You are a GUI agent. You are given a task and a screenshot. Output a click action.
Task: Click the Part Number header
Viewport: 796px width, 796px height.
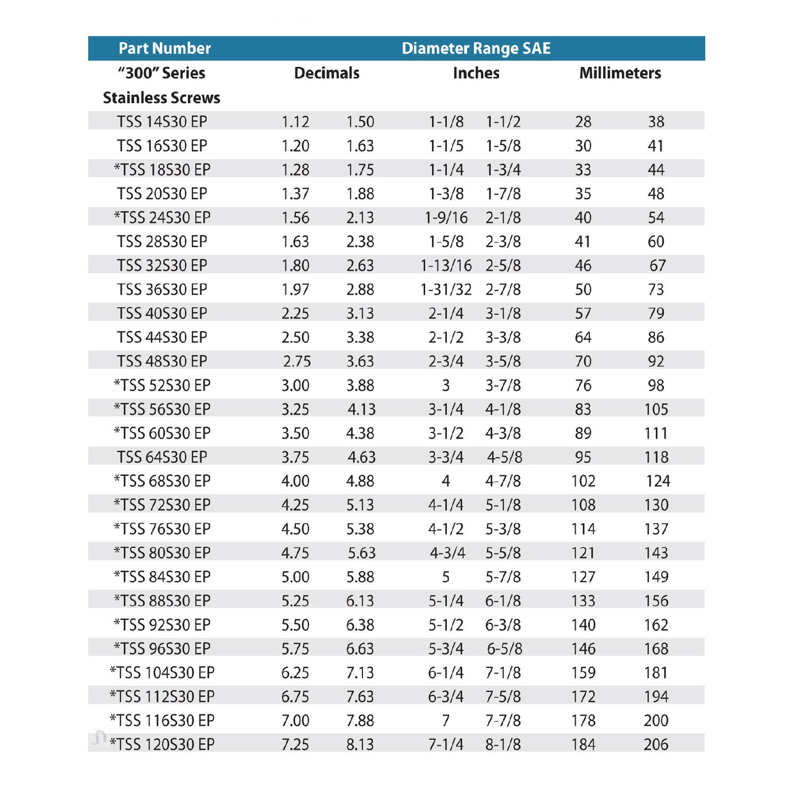[165, 48]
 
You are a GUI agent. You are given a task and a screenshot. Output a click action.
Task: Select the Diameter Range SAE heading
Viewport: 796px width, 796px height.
[476, 48]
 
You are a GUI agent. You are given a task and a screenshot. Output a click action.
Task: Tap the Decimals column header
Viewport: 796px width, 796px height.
[327, 73]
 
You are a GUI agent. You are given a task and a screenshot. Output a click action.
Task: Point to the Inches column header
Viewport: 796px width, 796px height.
[476, 73]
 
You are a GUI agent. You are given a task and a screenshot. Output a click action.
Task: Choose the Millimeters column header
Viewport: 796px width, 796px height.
[620, 73]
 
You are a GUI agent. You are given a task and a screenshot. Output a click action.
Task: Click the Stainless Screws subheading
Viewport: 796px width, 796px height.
[161, 98]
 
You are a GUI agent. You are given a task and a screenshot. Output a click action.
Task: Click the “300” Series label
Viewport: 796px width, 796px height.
[161, 73]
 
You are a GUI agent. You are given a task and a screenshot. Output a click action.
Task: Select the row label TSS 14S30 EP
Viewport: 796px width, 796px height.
[161, 122]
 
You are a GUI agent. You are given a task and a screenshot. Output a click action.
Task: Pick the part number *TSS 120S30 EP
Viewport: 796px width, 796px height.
[162, 745]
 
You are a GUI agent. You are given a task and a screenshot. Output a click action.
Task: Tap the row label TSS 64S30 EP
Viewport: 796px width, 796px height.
[161, 457]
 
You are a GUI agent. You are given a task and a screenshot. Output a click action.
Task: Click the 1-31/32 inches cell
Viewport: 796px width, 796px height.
[446, 290]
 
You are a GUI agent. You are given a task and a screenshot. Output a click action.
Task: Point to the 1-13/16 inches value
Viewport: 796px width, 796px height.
[446, 266]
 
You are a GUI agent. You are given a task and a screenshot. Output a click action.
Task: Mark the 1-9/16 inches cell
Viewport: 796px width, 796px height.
[446, 218]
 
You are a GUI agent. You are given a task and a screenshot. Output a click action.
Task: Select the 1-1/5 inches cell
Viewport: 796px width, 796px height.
[446, 146]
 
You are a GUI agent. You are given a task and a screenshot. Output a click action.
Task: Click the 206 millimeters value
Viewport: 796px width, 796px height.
[656, 745]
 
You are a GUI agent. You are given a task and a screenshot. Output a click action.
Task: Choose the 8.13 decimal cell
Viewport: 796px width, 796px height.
[360, 745]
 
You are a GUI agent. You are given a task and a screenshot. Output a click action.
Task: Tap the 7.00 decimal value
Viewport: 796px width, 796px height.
[295, 721]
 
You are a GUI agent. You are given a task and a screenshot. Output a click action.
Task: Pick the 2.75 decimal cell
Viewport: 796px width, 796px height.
[297, 361]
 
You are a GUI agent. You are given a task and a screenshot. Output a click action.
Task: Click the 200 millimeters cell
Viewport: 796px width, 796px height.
[656, 721]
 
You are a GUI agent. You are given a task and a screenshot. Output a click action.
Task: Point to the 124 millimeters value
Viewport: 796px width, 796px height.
[658, 481]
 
